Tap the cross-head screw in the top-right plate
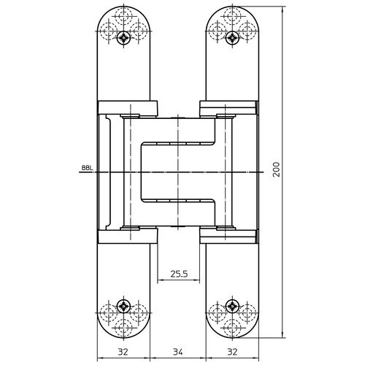(x=233, y=37)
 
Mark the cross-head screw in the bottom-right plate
(x=233, y=305)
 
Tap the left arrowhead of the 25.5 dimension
(x=161, y=280)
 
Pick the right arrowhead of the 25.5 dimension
(x=199, y=280)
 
